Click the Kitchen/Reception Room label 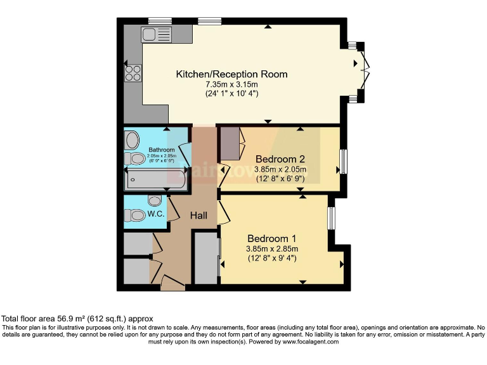pyautogui.click(x=231, y=74)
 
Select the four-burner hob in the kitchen pyautogui.click(x=133, y=74)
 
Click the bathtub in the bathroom pyautogui.click(x=155, y=180)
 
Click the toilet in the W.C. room pyautogui.click(x=137, y=215)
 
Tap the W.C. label pyautogui.click(x=156, y=214)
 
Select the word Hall pyautogui.click(x=199, y=215)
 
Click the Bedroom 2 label pyautogui.click(x=280, y=158)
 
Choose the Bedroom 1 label pyautogui.click(x=272, y=238)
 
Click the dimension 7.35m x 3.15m pyautogui.click(x=231, y=84)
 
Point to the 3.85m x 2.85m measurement pyautogui.click(x=272, y=248)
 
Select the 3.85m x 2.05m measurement pyautogui.click(x=280, y=169)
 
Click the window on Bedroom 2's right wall pyautogui.click(x=343, y=161)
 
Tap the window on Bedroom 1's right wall pyautogui.click(x=331, y=219)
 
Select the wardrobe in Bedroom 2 pyautogui.click(x=230, y=143)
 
